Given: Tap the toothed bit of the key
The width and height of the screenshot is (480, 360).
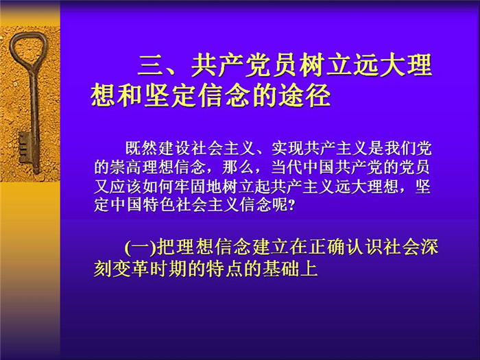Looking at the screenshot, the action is point(25,147).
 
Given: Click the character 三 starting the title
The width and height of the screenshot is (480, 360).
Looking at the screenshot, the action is point(150,65).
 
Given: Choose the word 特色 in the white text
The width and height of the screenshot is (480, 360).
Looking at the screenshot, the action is point(158,205).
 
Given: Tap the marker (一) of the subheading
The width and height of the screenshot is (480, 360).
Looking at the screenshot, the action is point(141,248).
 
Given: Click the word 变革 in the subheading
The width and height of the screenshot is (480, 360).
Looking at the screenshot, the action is point(132,269).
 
